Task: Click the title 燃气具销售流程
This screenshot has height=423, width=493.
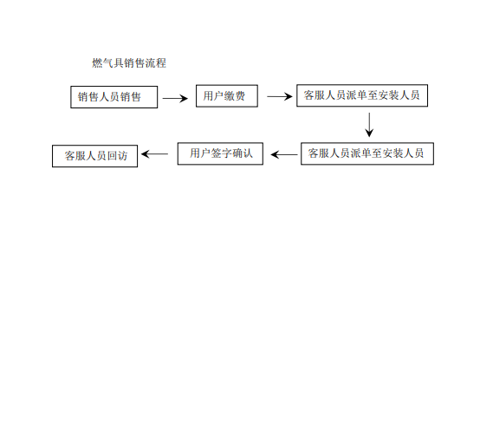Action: pos(129,63)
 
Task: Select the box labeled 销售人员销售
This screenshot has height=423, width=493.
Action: pos(114,97)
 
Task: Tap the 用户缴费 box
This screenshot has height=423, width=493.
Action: pos(227,96)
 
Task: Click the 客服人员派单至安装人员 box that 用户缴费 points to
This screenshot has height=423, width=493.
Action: pos(362,95)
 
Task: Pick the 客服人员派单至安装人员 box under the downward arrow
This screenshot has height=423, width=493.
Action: pos(367,153)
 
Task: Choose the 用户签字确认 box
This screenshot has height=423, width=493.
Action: pos(220,153)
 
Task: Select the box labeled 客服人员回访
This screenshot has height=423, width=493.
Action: pos(95,156)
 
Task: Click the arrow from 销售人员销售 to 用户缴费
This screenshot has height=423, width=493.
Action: pos(175,99)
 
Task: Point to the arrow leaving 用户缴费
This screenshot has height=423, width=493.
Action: pos(280,96)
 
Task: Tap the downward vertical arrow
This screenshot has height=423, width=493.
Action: pos(369,125)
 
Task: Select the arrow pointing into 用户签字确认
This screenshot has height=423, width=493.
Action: pos(284,154)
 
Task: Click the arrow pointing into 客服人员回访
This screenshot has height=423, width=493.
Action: pos(155,154)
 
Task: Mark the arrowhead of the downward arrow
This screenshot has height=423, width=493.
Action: pos(369,133)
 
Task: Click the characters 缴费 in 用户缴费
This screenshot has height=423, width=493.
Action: pos(235,96)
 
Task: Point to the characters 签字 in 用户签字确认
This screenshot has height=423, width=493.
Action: pos(221,153)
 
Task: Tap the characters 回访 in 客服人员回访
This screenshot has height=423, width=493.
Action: pos(117,156)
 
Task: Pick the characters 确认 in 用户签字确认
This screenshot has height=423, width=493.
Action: pos(243,153)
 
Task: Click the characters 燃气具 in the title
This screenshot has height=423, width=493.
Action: pos(107,63)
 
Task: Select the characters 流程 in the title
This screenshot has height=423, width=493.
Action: pos(156,63)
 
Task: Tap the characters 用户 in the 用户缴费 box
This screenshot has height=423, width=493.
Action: pos(213,96)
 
